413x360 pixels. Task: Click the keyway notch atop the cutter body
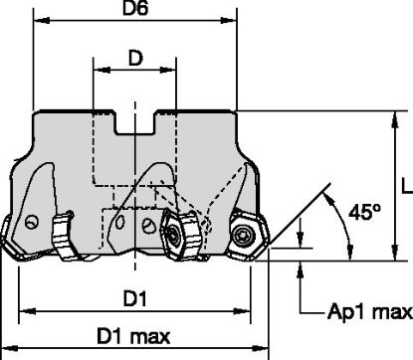(135, 124)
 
